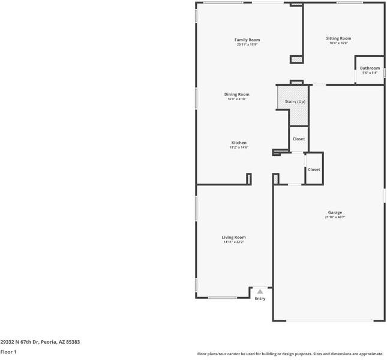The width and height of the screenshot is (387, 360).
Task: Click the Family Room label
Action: coord(247,40)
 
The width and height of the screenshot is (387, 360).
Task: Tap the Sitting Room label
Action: coord(338,38)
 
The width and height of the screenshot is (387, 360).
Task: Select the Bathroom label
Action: coord(370,68)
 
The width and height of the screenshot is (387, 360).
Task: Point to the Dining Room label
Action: coord(236,94)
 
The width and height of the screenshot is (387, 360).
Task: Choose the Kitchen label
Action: coord(239,143)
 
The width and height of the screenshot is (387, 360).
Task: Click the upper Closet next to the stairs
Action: coord(298,139)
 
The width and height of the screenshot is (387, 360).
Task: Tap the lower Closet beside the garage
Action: coord(314,169)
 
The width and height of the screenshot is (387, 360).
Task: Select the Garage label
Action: coord(335,212)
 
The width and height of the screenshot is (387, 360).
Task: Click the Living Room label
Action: coord(233,237)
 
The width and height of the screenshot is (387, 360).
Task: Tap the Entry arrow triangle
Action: coord(260,291)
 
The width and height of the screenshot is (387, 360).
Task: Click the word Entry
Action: coord(260,298)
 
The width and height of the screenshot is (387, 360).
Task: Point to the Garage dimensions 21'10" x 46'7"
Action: coord(335,217)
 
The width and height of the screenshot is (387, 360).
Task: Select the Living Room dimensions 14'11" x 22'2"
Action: coord(233,242)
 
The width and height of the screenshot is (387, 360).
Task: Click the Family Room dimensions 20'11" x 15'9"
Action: coord(247,44)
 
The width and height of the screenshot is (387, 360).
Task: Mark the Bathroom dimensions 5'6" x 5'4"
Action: coord(370,73)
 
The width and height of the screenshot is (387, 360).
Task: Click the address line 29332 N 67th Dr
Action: coord(40,342)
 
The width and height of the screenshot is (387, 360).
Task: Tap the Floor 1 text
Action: coord(8,352)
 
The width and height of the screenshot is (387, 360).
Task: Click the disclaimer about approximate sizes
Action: coord(290,354)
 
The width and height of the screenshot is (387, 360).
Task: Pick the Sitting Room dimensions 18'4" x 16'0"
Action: coord(338,43)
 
